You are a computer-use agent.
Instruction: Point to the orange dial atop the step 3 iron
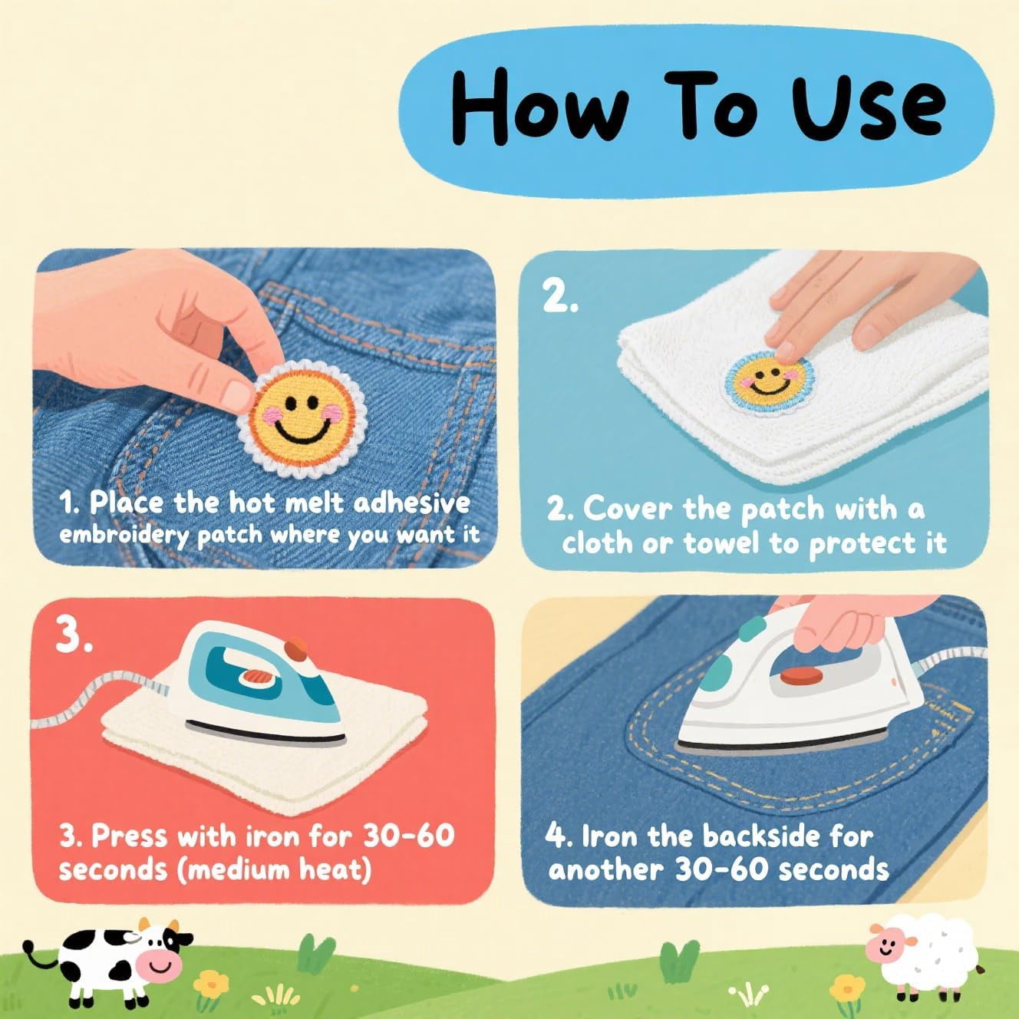295,649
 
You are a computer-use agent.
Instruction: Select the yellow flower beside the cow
211,984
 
